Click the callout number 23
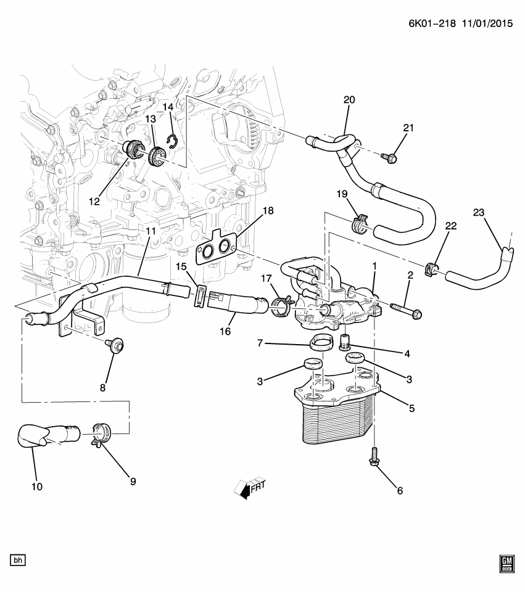pos(479,213)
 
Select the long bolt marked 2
pos(406,310)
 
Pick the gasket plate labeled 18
pos(217,250)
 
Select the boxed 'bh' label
pos(19,560)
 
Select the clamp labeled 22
pos(432,269)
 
